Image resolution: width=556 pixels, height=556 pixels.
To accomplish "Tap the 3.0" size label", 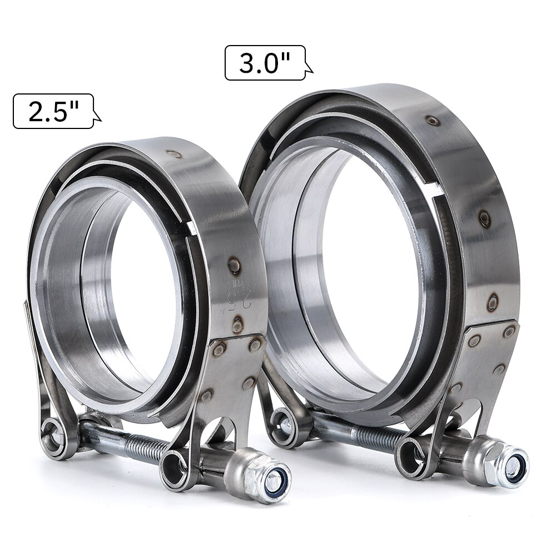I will click(x=265, y=63).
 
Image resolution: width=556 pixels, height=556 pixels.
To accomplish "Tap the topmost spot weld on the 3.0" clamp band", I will click(x=432, y=121).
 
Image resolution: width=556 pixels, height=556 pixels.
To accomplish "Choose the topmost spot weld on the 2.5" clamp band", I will click(x=174, y=154).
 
